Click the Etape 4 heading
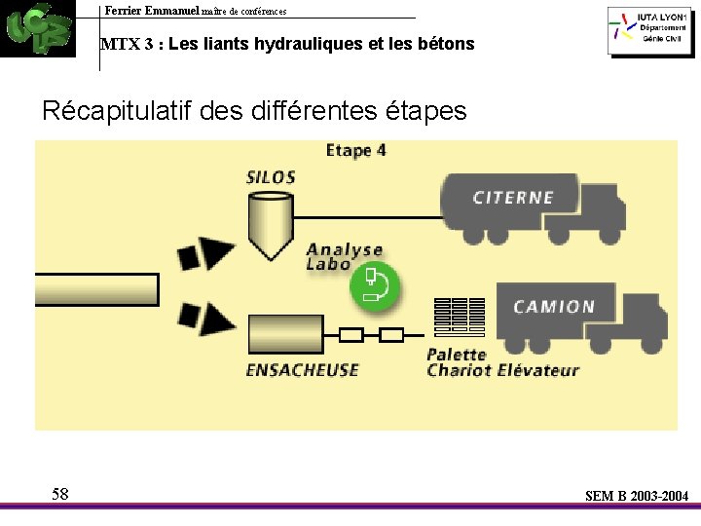coord(355,150)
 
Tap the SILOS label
coord(271,177)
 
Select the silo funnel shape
coord(270,222)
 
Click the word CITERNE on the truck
coord(513,198)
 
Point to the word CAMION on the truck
coord(554,307)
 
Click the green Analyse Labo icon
coord(375,286)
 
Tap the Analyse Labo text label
coord(344,257)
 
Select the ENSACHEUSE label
coord(302,370)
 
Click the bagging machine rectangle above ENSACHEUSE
coord(286,334)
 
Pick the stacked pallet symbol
coord(460,318)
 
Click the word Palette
coord(457,355)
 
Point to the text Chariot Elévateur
coord(502,370)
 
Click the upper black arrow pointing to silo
coord(205,253)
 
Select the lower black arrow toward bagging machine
coord(205,319)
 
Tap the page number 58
coord(60,494)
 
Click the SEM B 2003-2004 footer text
coord(636,496)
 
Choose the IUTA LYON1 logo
coord(647,31)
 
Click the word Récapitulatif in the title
coord(116,111)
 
